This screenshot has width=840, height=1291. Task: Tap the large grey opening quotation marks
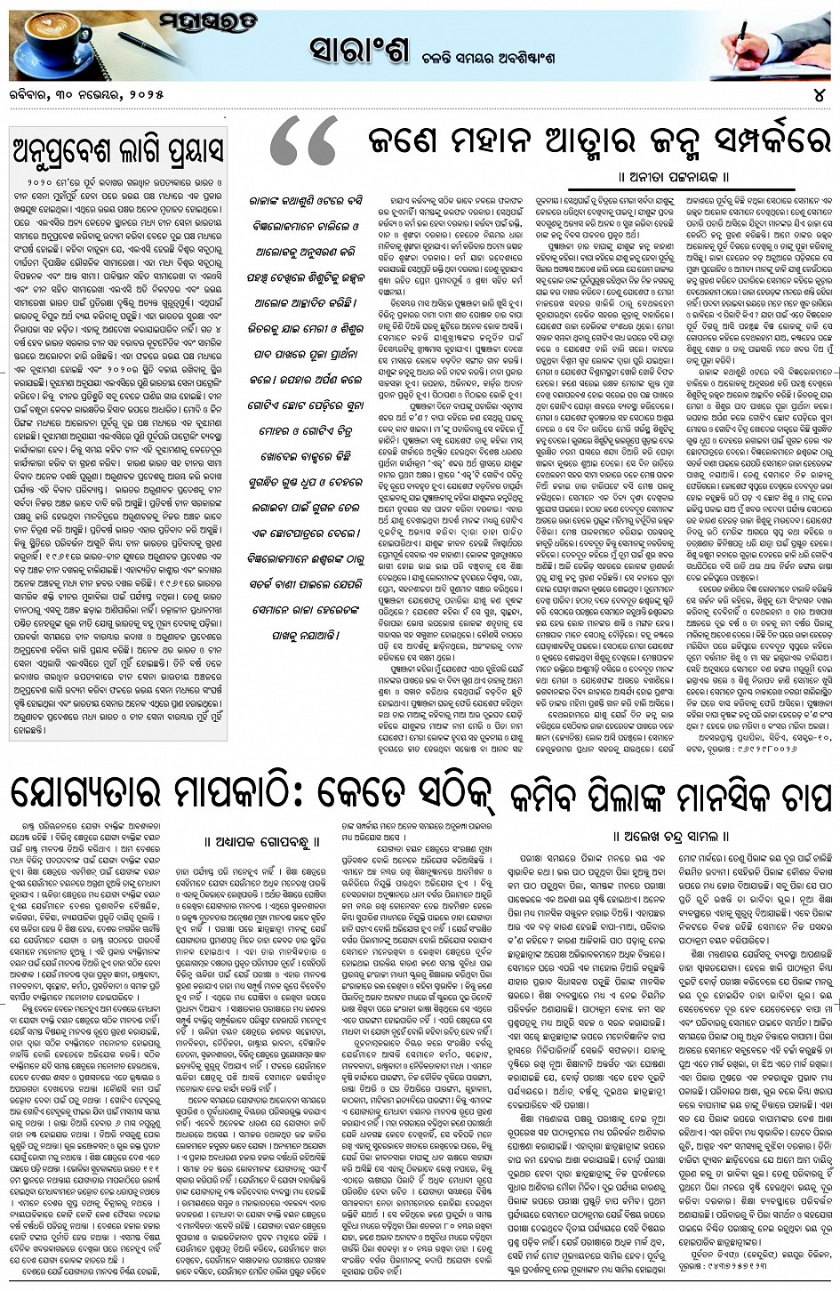coord(301,147)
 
